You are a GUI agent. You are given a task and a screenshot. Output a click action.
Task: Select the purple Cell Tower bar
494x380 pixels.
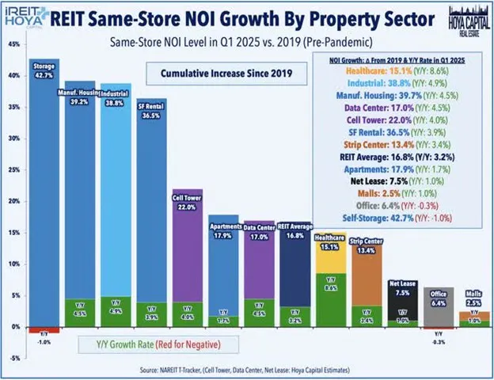pos(187,245)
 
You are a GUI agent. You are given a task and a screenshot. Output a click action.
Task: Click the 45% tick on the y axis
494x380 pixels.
pos(15,44)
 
